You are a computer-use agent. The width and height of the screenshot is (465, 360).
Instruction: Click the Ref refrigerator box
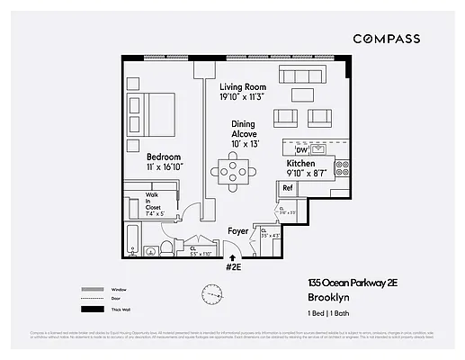(x=287, y=188)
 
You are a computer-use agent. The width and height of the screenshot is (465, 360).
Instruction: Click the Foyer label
(x=237, y=230)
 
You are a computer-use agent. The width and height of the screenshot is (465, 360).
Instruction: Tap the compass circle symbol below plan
(x=202, y=292)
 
